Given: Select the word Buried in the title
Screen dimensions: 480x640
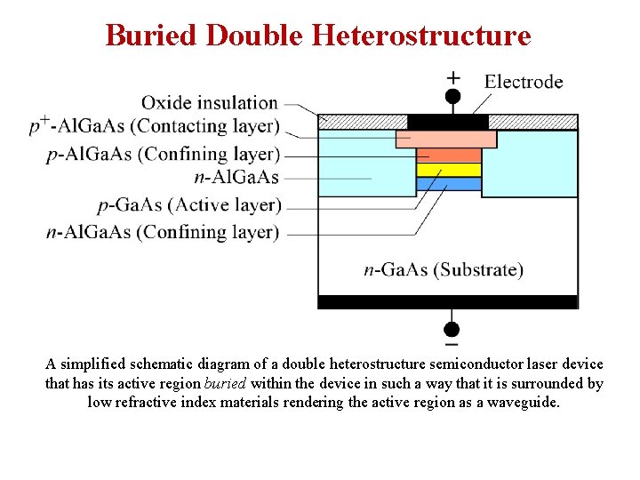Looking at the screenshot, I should point(152,36).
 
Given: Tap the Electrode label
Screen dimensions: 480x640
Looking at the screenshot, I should point(524,82).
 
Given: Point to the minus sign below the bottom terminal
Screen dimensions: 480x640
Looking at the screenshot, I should point(452,343).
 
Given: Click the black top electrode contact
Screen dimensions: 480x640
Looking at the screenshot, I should point(447,122).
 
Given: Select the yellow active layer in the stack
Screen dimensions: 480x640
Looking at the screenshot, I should point(449,170).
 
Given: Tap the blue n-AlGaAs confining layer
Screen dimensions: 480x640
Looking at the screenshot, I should point(449,184).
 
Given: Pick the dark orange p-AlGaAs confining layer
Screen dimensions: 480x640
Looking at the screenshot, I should point(449,156).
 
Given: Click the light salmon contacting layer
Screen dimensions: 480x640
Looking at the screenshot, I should point(446,139).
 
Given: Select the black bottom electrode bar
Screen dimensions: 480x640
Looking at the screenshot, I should point(447,302).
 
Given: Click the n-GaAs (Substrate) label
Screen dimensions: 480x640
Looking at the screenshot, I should point(444,269).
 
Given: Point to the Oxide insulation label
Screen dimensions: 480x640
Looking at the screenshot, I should point(210,103).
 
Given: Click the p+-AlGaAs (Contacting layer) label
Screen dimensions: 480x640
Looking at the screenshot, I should point(155,127).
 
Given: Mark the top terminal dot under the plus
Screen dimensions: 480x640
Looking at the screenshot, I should point(452,96).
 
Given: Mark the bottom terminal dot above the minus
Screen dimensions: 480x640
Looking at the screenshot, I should point(452,327).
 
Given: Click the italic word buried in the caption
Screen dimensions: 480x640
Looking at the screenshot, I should point(226,384).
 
